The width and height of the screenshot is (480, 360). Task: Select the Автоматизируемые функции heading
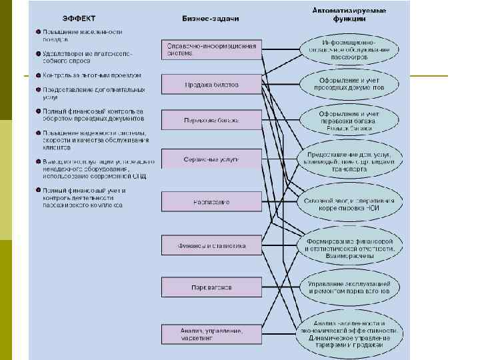pos(349,15)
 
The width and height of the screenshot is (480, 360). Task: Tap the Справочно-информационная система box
pos(209,49)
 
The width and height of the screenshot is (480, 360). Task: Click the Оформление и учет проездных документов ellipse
pos(349,84)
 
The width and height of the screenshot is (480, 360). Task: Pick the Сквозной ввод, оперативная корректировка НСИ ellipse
pos(349,203)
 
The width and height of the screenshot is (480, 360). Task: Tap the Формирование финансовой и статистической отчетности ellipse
pos(349,245)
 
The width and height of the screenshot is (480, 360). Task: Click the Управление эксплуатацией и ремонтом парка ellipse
pos(349,287)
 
